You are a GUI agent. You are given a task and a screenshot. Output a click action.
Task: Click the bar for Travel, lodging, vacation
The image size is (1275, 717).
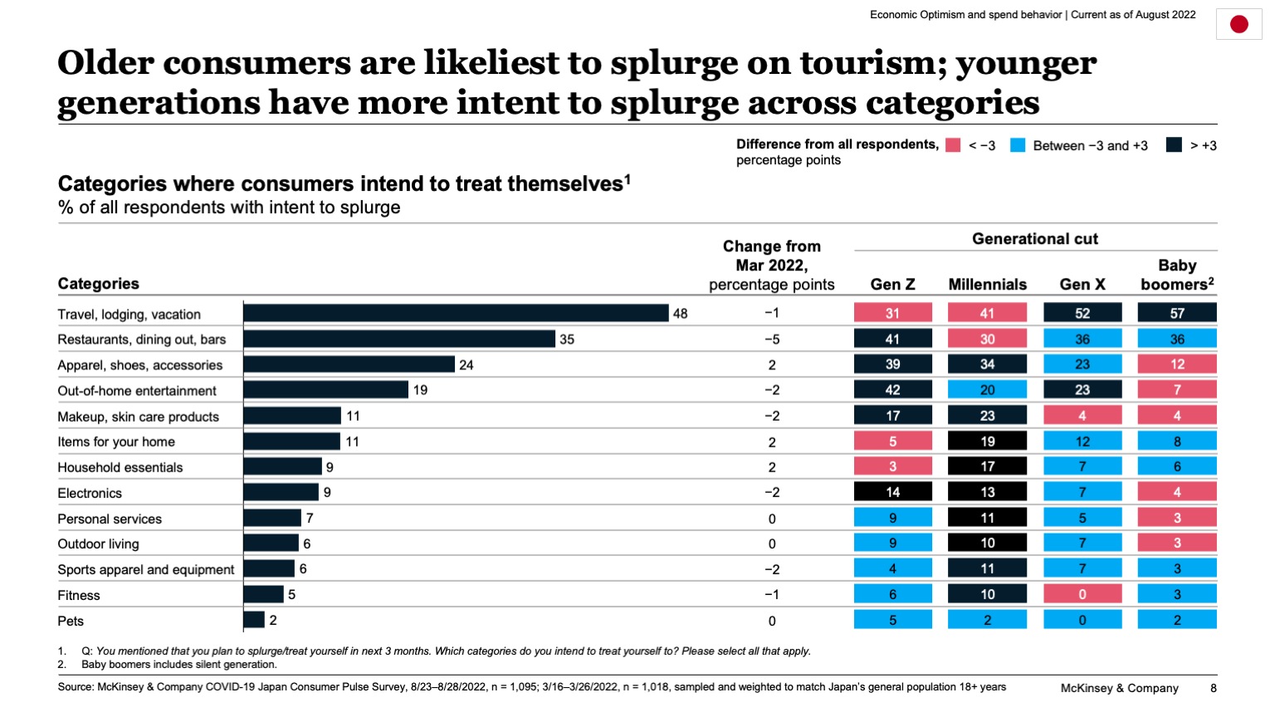click(x=456, y=313)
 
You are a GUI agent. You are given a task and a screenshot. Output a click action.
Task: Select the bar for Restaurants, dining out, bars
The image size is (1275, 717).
click(x=399, y=339)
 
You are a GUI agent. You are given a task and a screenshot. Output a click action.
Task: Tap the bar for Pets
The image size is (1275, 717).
click(x=254, y=620)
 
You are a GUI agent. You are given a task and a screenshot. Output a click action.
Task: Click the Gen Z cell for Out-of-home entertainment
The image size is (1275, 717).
click(x=892, y=390)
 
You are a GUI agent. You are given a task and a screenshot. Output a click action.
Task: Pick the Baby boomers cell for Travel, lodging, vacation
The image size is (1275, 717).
click(x=1176, y=313)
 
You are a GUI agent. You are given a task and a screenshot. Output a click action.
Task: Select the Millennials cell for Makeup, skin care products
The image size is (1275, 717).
click(x=987, y=416)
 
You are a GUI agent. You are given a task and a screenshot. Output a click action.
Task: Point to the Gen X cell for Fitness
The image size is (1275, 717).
click(x=1082, y=594)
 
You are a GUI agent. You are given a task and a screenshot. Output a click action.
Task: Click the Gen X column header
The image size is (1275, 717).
click(x=1082, y=284)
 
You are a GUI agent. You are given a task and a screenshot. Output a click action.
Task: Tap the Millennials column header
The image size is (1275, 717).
click(x=987, y=284)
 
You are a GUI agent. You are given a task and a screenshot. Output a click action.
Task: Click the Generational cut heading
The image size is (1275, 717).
click(x=1034, y=239)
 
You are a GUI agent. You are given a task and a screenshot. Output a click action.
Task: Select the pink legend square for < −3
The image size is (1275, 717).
click(x=953, y=145)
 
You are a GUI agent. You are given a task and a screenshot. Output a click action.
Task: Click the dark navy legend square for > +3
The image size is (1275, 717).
click(x=1174, y=145)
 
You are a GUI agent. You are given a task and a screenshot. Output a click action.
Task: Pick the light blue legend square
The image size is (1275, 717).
click(x=1018, y=145)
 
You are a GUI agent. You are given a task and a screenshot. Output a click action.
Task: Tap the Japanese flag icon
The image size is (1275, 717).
click(x=1238, y=24)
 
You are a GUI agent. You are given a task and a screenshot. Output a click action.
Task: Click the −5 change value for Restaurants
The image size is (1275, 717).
click(x=771, y=339)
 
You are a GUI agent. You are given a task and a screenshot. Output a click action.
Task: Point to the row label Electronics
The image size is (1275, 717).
click(x=90, y=493)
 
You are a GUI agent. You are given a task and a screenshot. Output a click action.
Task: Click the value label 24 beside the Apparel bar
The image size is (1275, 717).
click(x=467, y=365)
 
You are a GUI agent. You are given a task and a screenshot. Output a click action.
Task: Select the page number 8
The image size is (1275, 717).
click(x=1213, y=688)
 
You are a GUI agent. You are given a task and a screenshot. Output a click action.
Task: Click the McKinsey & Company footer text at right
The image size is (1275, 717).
click(x=1119, y=688)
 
